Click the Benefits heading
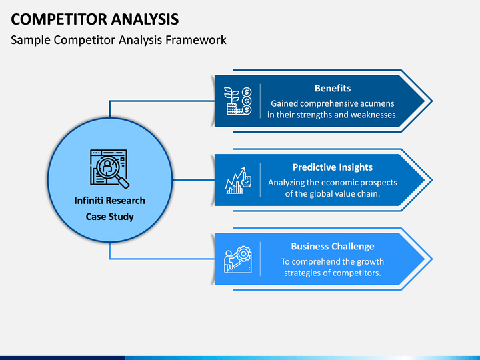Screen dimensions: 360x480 coord(332,88)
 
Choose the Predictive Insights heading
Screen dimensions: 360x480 coord(332,167)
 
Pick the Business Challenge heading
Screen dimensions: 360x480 coord(332,246)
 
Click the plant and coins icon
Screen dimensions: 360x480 coord(238,101)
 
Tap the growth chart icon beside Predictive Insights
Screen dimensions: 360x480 coord(238,180)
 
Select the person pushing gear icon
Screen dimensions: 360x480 coord(238,259)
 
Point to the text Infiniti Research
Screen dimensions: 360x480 coord(109,201)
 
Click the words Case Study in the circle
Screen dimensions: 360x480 coord(109,217)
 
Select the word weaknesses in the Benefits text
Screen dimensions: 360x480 coord(371,115)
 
